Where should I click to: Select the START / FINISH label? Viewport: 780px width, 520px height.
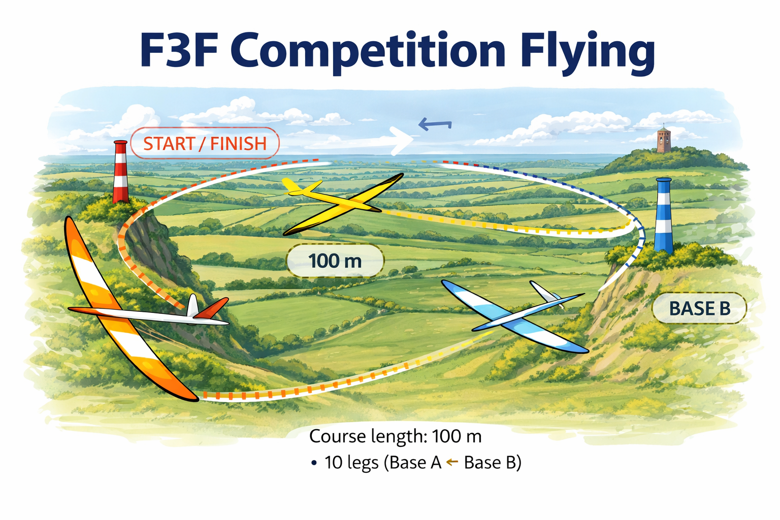[205, 144]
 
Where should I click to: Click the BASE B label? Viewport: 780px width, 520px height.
[699, 308]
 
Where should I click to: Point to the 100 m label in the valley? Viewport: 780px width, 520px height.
[335, 261]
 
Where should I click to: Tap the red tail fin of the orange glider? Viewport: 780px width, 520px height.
[212, 308]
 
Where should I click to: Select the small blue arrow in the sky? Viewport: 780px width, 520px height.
[434, 124]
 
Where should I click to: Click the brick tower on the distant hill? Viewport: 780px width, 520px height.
[663, 140]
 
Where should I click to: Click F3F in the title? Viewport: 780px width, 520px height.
[177, 51]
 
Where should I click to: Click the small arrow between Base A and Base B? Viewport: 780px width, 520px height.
[452, 462]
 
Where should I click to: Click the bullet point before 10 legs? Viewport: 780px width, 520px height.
[314, 463]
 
